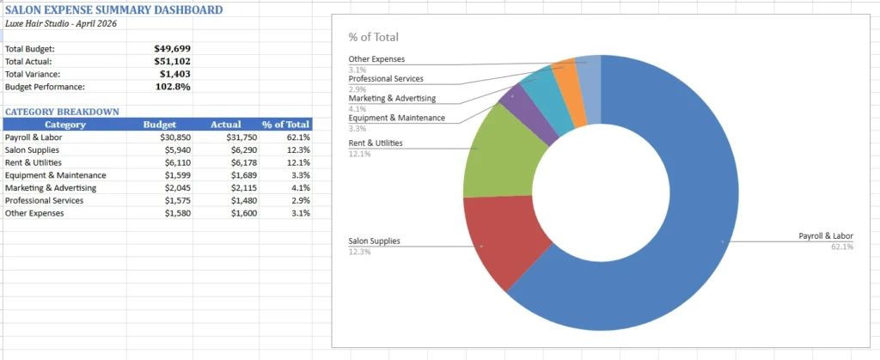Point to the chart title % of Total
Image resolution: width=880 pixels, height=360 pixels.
(x=373, y=37)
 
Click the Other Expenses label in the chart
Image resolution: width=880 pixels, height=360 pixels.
(x=376, y=59)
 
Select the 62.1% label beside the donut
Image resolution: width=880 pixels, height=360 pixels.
(x=842, y=247)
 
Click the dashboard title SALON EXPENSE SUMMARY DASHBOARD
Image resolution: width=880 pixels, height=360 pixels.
(x=113, y=9)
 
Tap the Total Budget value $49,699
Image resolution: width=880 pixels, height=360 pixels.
(x=172, y=49)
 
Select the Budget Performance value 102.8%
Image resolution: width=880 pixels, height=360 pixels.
(x=172, y=87)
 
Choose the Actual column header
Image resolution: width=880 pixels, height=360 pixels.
(x=226, y=125)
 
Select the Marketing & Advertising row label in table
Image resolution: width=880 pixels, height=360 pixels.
(x=51, y=187)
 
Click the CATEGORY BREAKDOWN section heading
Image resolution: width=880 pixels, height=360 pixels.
(x=62, y=112)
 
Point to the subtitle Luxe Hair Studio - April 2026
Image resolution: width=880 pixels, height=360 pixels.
(x=60, y=23)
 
